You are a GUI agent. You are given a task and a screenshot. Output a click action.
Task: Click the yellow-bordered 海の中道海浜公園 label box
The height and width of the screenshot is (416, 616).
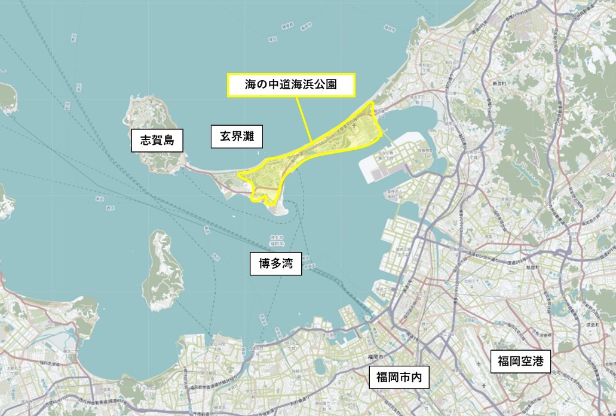pos(291,85)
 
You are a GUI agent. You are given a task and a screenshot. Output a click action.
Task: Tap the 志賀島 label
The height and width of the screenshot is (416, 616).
pos(157,141)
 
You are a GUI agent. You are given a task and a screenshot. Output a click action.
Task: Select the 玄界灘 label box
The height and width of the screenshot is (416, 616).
pos(237,137)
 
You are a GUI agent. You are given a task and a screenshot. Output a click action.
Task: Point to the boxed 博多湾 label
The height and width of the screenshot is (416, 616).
pos(275,263)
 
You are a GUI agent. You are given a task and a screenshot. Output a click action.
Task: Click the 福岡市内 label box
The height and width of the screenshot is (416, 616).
pos(399,378)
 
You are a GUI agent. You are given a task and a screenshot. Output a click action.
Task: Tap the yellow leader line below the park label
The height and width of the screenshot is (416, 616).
pos(304,120)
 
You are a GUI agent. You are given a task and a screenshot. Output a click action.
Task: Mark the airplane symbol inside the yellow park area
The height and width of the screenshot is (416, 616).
pos(356,126)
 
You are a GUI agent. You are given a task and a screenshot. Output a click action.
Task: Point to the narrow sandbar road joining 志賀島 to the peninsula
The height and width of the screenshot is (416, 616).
pos(200,169)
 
